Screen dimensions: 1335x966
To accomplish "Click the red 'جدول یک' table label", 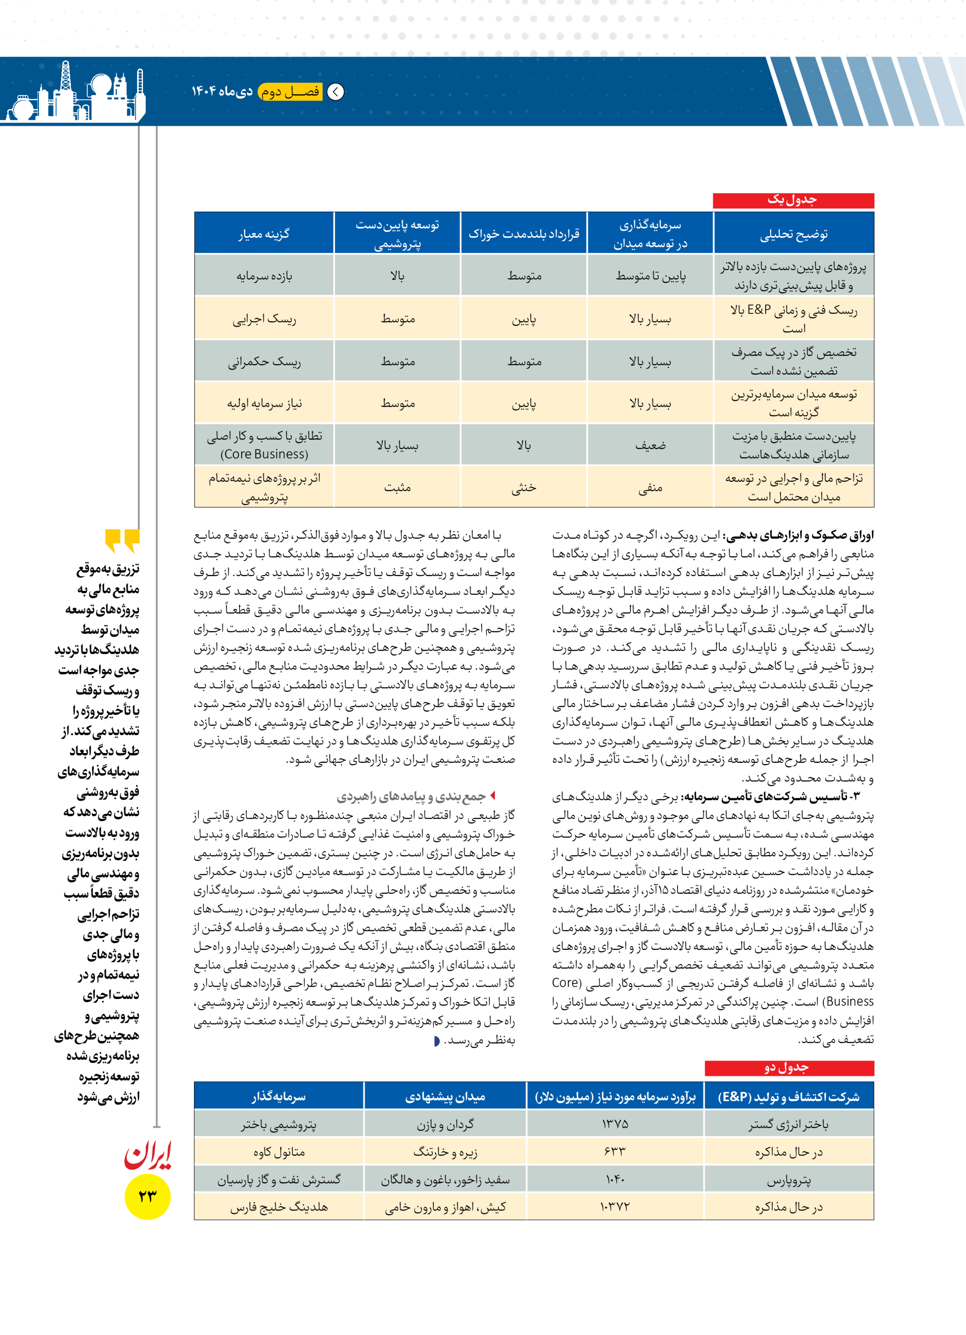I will [x=793, y=200].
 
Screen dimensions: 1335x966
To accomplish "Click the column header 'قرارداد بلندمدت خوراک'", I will [x=524, y=234].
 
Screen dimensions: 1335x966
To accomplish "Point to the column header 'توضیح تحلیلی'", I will [x=794, y=234].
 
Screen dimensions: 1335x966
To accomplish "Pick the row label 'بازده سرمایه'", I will [x=264, y=276].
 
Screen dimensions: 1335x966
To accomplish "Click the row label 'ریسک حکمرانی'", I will [x=264, y=361].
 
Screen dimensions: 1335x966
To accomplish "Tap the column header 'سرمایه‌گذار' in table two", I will [x=279, y=1096].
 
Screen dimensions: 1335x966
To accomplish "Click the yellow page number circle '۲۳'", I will [x=147, y=1196].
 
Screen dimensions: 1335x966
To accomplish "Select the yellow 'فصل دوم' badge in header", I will [x=290, y=92].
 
